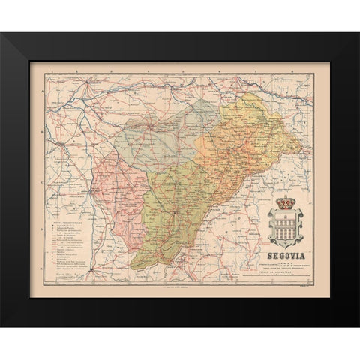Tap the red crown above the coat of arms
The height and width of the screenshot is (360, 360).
click(x=285, y=202)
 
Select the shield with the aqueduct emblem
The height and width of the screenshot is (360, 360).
click(x=286, y=221)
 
